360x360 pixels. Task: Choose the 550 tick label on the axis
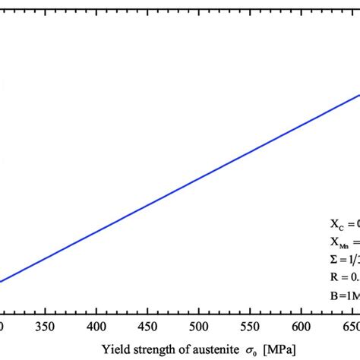[250, 326]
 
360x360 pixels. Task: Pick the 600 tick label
[301, 326]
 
